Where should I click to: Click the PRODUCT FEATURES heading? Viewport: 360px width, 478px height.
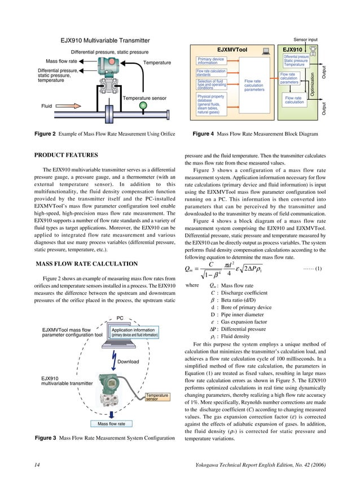pyautogui.click(x=67, y=155)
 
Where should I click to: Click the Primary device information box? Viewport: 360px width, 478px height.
pyautogui.click(x=212, y=61)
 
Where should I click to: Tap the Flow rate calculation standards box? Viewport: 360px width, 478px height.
pyautogui.click(x=211, y=73)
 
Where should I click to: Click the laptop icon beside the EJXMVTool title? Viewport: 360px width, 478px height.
pyautogui.click(x=266, y=50)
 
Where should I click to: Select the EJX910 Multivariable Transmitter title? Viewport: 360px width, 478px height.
pyautogui.click(x=106, y=41)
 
